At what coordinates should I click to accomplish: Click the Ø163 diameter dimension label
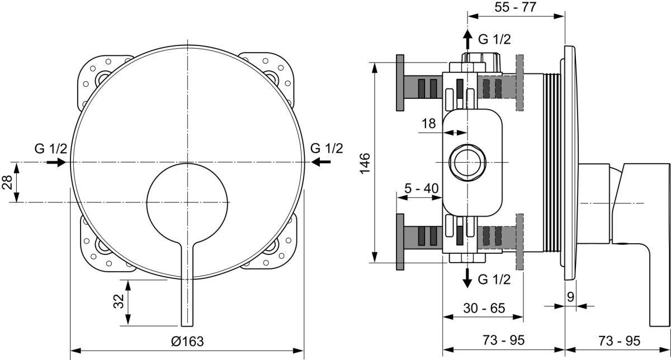[x=187, y=341]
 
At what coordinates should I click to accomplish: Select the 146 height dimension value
[x=365, y=163]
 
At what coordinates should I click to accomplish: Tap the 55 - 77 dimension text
[x=515, y=7]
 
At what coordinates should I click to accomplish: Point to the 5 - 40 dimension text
[x=421, y=188]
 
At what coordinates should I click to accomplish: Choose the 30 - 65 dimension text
[x=484, y=307]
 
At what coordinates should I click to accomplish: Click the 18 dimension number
[x=429, y=124]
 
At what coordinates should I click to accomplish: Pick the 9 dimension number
[x=571, y=297]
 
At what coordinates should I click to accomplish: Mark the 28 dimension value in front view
[x=7, y=182]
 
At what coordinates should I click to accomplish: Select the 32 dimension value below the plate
[x=119, y=301]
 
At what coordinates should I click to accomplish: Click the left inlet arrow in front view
[x=56, y=162]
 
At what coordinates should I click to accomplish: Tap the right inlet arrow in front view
[x=321, y=162]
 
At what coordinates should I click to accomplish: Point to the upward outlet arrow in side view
[x=467, y=39]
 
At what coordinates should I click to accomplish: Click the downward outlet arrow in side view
[x=467, y=278]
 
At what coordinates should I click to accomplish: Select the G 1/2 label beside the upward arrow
[x=494, y=39]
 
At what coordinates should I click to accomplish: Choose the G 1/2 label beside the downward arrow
[x=494, y=279]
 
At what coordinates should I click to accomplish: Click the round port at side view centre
[x=467, y=162]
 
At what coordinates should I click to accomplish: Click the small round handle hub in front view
[x=187, y=203]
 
